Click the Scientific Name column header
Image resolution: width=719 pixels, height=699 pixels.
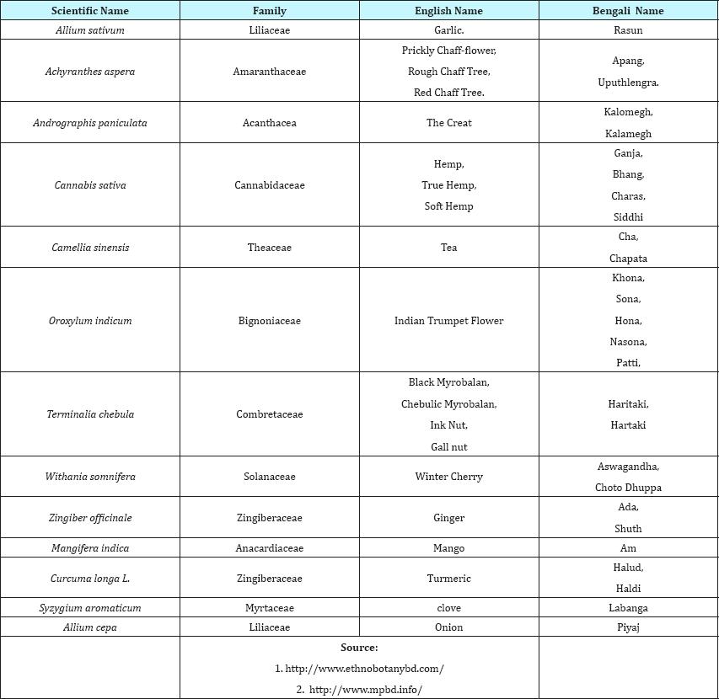pos(90,11)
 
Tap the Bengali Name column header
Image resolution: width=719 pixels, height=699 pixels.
pos(628,11)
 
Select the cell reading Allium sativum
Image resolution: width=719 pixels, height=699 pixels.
pos(90,30)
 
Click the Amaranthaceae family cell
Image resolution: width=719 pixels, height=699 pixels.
pos(270,72)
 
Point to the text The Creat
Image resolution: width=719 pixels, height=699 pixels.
pos(448,123)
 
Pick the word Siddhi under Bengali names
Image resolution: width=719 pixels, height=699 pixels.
pos(628,216)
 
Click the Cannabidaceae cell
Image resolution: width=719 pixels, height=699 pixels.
pos(270,185)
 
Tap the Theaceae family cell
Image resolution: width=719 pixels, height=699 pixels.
pos(270,248)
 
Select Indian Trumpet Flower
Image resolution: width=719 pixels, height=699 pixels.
pos(448,321)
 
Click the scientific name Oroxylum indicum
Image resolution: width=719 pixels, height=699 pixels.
pos(90,321)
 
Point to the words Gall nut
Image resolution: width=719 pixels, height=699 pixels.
pos(448,446)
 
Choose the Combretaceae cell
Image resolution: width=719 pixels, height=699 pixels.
pos(270,414)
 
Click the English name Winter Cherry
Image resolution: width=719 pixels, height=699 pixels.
pos(448,477)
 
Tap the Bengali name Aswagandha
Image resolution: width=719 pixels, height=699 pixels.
pos(628,467)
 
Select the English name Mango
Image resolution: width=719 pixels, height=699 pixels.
pos(448,548)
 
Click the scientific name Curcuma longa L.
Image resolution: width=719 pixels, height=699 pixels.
pos(90,579)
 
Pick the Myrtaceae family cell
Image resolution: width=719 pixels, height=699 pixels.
pos(270,608)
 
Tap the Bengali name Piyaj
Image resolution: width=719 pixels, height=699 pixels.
pos(628,627)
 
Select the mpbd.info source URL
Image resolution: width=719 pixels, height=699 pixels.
pos(365,690)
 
